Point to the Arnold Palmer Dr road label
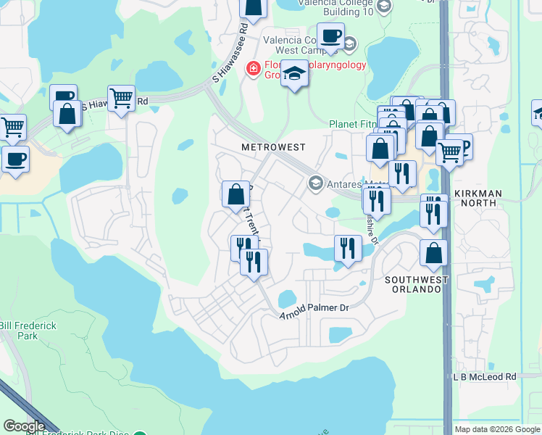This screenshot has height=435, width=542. pyautogui.click(x=314, y=308)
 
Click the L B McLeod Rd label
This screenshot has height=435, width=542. pyautogui.click(x=484, y=377)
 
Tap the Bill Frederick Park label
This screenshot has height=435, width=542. pyautogui.click(x=28, y=331)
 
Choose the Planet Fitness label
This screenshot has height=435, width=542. pyautogui.click(x=353, y=124)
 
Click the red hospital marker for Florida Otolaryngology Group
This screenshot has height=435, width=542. pyautogui.click(x=254, y=69)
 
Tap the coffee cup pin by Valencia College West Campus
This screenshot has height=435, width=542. pyautogui.click(x=331, y=36)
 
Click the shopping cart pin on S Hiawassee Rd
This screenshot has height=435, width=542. pyautogui.click(x=122, y=99)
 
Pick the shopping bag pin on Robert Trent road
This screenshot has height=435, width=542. pyautogui.click(x=235, y=194)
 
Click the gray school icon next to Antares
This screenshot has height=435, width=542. pyautogui.click(x=315, y=183)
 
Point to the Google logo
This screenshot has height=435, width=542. pyautogui.click(x=24, y=426)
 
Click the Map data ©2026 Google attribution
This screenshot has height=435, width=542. pyautogui.click(x=497, y=429)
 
